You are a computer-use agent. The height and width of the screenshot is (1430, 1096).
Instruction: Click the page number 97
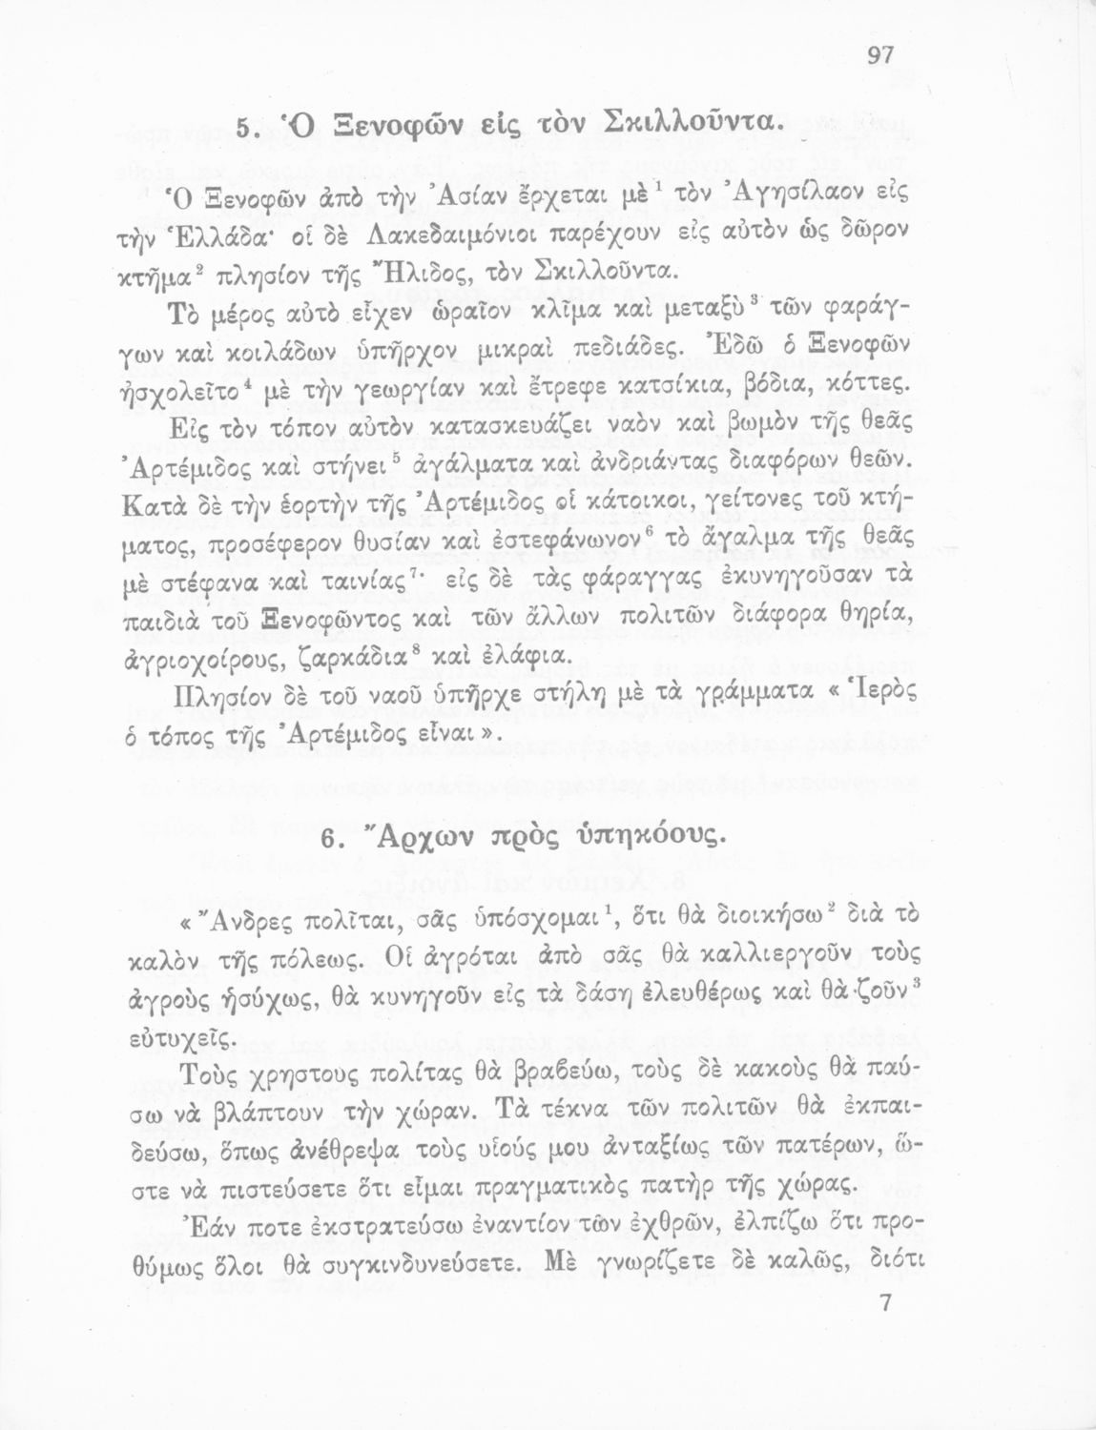879,55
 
